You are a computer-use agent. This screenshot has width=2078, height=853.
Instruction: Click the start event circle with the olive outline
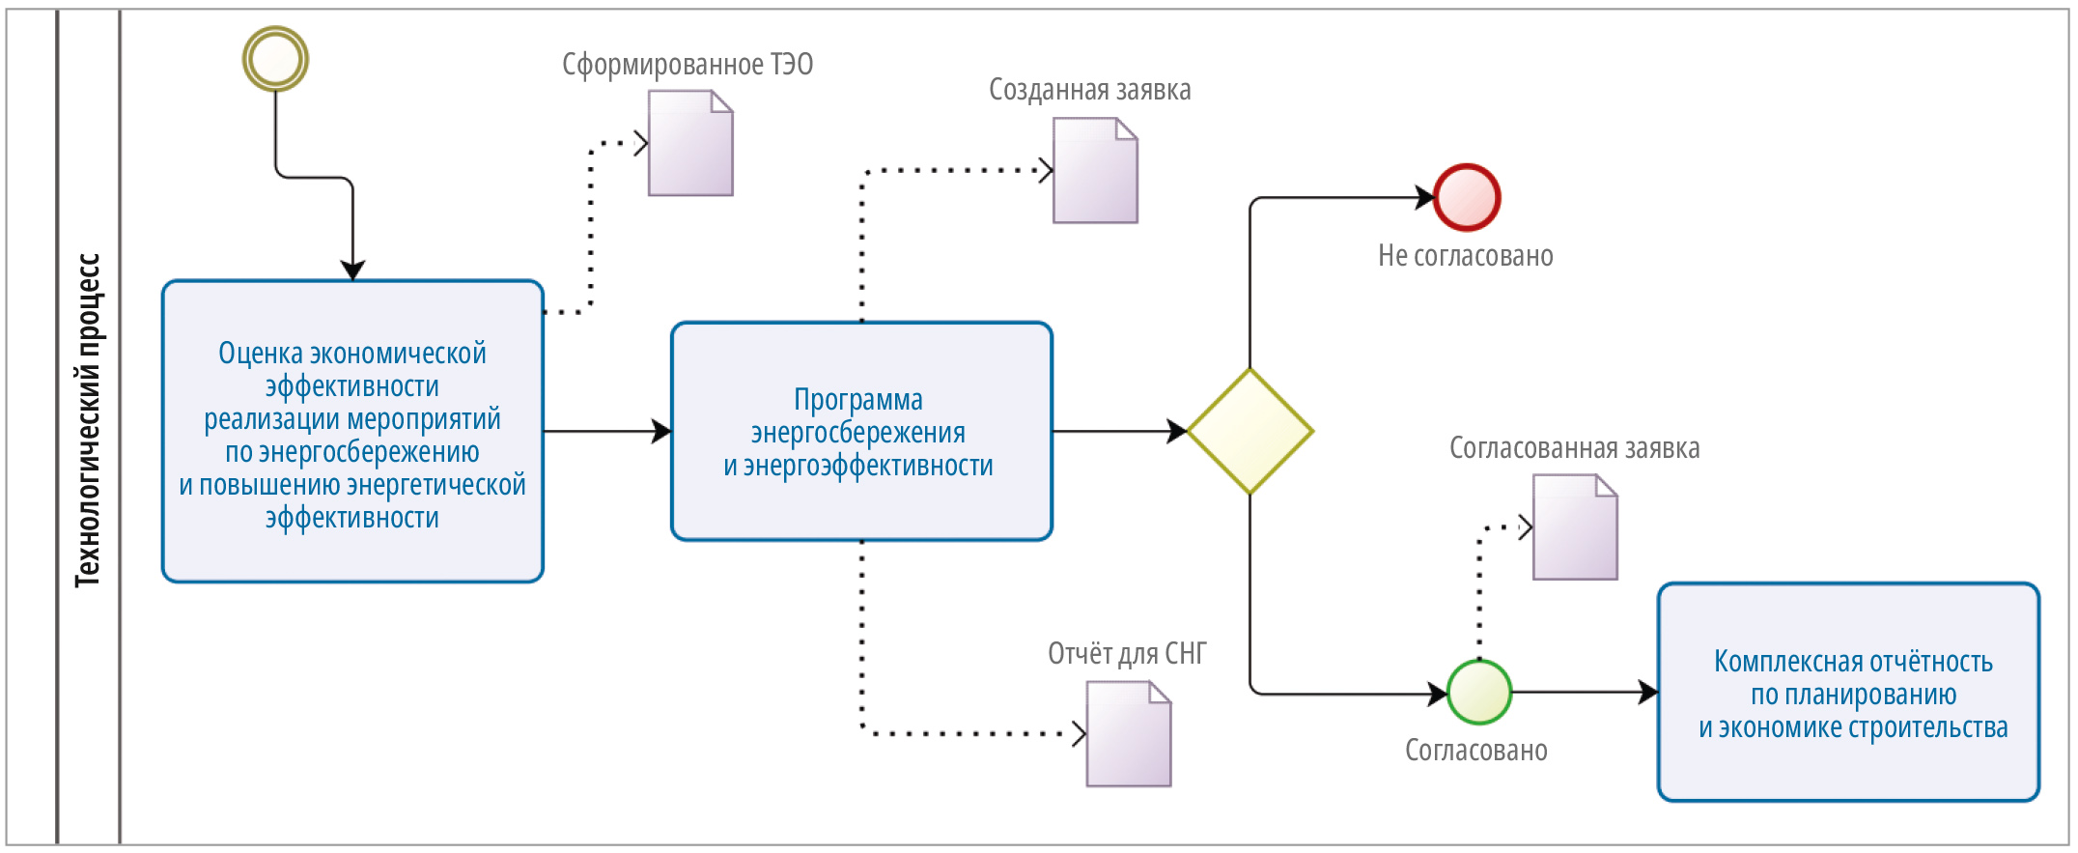tap(275, 59)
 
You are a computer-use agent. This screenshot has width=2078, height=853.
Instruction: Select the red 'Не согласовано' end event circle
tap(1467, 197)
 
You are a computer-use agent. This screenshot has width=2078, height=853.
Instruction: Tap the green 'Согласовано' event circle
tap(1479, 692)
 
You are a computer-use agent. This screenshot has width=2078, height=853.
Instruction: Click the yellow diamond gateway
tap(1250, 431)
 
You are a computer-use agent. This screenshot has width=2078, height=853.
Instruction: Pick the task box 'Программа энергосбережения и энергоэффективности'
tap(861, 431)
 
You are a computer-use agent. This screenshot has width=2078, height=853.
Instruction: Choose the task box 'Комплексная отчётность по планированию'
tap(1848, 692)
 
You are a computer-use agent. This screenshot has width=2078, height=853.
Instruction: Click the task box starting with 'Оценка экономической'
tap(352, 431)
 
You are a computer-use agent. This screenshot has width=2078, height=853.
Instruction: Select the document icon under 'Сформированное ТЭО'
tap(690, 143)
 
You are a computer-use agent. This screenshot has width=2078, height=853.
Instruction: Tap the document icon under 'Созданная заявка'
tap(1095, 170)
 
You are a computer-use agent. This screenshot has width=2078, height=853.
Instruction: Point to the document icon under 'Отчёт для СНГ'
tap(1128, 734)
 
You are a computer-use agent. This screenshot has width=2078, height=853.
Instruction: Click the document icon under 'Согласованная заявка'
tap(1575, 527)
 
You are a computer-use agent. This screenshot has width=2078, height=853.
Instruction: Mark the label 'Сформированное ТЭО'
tap(688, 65)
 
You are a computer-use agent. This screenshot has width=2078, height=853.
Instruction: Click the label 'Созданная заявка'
tap(1089, 90)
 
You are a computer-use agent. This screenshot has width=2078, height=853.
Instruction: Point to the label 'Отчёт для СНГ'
tap(1127, 654)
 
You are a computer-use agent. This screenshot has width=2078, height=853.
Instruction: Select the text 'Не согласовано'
tap(1465, 256)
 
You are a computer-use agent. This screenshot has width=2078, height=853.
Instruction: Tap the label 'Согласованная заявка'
tap(1574, 448)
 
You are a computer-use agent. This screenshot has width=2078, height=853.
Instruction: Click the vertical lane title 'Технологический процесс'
tap(88, 420)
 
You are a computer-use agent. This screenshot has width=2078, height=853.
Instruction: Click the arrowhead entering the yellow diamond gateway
tap(1177, 431)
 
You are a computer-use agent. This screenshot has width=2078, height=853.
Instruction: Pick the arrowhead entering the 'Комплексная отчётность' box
tap(1648, 692)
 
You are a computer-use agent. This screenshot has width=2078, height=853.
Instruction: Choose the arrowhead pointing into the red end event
tap(1424, 197)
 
